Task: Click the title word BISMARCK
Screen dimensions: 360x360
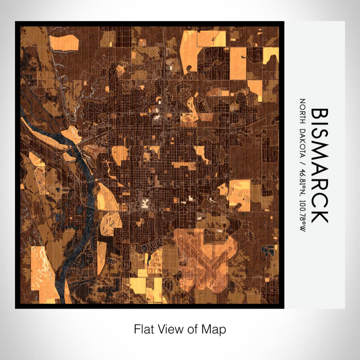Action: coord(318,165)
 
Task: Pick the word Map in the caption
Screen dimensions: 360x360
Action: coord(216,329)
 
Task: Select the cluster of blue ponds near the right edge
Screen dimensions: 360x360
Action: coord(268,250)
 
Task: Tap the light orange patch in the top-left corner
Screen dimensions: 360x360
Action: coord(64,42)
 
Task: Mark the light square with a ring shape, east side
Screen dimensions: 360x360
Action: coord(239,194)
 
